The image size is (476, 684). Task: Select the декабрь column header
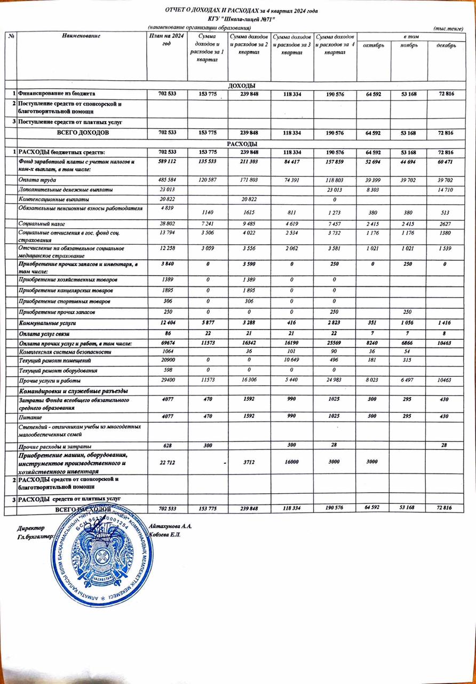pyautogui.click(x=446, y=45)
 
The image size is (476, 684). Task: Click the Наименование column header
pyautogui.click(x=81, y=35)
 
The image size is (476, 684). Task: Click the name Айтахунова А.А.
pyautogui.click(x=171, y=526)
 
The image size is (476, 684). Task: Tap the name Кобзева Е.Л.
pyautogui.click(x=166, y=535)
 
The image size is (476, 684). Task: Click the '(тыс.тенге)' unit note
pyautogui.click(x=452, y=27)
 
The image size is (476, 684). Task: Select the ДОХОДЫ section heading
pyautogui.click(x=241, y=85)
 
